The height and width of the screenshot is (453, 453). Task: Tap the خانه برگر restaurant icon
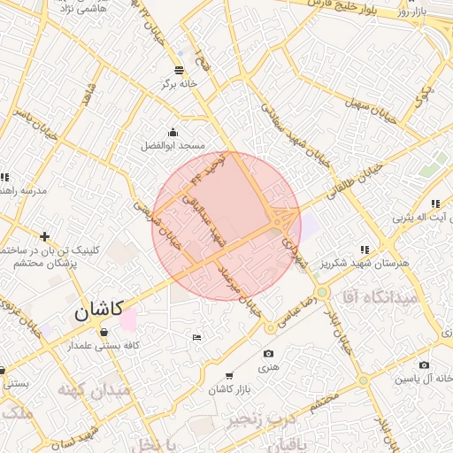[x=180, y=70]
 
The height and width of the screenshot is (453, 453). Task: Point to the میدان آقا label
[x=380, y=297]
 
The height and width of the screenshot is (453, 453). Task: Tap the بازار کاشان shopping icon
[x=230, y=376]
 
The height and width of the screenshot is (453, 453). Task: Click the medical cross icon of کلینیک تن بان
[x=44, y=235]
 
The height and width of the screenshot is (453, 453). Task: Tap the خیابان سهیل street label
[x=368, y=101]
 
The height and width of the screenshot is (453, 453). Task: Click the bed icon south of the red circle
[x=196, y=337]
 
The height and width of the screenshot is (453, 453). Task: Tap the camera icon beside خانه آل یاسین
[x=424, y=365]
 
